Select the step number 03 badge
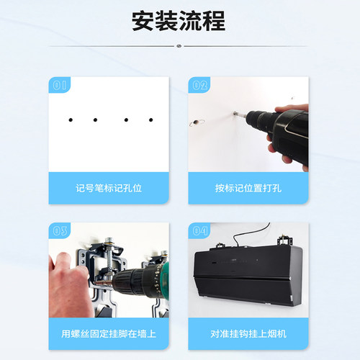[61, 231]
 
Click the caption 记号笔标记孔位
[109, 188]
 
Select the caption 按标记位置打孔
[248, 188]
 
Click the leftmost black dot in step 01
[71, 120]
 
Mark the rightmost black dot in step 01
[150, 120]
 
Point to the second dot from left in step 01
[96, 120]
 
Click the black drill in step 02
[277, 130]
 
